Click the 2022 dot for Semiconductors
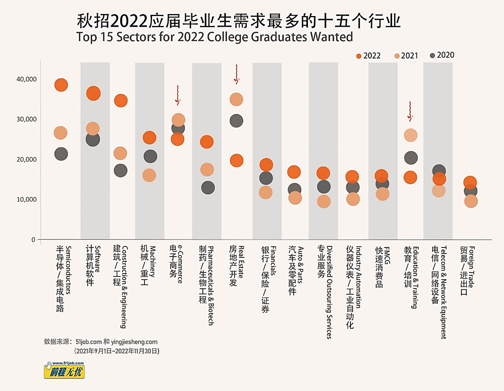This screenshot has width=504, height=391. [61, 85]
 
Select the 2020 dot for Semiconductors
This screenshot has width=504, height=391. [61, 154]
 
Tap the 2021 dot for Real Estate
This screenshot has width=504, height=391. [236, 100]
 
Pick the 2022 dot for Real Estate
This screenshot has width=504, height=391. [236, 160]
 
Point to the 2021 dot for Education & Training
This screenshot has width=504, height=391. [411, 135]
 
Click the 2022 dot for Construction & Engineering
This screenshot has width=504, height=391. [121, 101]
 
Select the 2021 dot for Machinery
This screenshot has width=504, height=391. [149, 175]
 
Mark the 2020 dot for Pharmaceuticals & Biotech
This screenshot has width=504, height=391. [208, 188]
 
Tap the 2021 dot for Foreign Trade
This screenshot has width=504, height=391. [471, 202]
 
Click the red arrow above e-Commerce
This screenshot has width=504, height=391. [178, 95]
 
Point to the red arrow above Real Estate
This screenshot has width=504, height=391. [236, 75]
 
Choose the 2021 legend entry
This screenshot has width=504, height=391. [406, 56]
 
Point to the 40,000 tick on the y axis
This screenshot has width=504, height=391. [27, 79]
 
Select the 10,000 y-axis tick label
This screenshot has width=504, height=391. [27, 199]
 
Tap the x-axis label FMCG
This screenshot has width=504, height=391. [383, 267]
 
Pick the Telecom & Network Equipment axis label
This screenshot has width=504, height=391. [439, 292]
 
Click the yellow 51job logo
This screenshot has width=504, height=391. [64, 370]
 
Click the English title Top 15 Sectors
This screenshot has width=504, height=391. [214, 37]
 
